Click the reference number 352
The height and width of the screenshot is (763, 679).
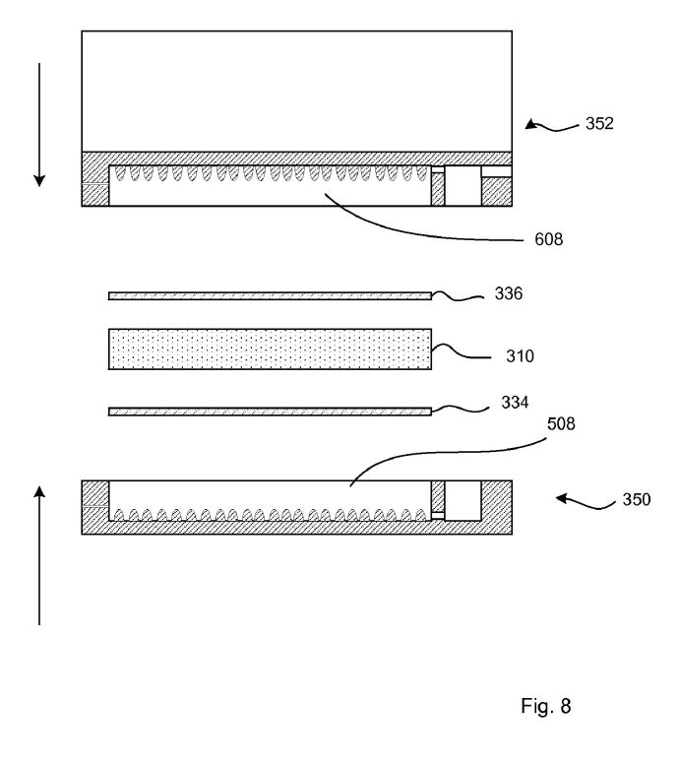599,124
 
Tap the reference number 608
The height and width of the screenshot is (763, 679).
549,239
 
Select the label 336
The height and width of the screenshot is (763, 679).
509,293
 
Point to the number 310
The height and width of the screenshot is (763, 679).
520,356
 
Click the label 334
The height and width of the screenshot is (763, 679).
515,403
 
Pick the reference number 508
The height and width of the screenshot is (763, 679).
561,424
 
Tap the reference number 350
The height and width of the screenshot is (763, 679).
637,500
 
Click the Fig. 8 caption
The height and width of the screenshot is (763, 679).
546,706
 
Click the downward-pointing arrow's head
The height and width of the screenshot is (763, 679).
39,180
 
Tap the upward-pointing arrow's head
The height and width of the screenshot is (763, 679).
39,491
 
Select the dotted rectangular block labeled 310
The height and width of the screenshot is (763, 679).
270,349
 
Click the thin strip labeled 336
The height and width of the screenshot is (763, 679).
270,296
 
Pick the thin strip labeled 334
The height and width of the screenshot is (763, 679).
270,412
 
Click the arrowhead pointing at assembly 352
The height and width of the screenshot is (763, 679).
531,125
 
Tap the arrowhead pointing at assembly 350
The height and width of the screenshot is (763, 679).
562,498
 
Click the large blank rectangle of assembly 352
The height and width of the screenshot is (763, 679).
297,92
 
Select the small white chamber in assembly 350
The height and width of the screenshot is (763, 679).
463,501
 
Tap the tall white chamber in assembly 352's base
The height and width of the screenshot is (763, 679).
463,185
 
